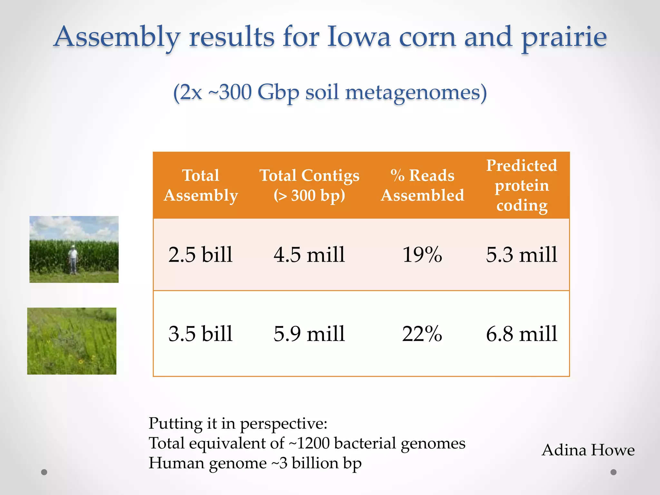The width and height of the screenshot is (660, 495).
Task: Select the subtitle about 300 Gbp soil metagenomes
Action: point(330,92)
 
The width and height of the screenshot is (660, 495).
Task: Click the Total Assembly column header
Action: point(200,185)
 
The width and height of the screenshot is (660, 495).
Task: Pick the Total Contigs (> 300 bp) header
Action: point(309,185)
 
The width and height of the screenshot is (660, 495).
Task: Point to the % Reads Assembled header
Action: point(422,185)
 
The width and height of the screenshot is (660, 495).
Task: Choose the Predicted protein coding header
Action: point(521,185)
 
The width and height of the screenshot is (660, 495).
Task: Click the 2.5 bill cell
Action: point(200,255)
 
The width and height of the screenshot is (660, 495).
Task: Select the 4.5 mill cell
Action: point(309,255)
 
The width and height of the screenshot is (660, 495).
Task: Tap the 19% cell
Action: point(422,255)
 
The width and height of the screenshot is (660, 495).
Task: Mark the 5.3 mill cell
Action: point(521,255)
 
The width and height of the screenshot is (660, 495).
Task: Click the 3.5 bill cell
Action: point(200,334)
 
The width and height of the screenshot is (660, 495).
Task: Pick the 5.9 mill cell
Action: point(309,334)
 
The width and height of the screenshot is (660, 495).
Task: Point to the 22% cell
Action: point(422,334)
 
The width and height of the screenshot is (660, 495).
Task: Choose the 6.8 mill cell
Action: point(521,334)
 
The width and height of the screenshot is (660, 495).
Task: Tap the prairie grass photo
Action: point(72,341)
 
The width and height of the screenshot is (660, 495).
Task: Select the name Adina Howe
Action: point(588,450)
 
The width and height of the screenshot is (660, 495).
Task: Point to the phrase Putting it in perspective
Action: point(238,423)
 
